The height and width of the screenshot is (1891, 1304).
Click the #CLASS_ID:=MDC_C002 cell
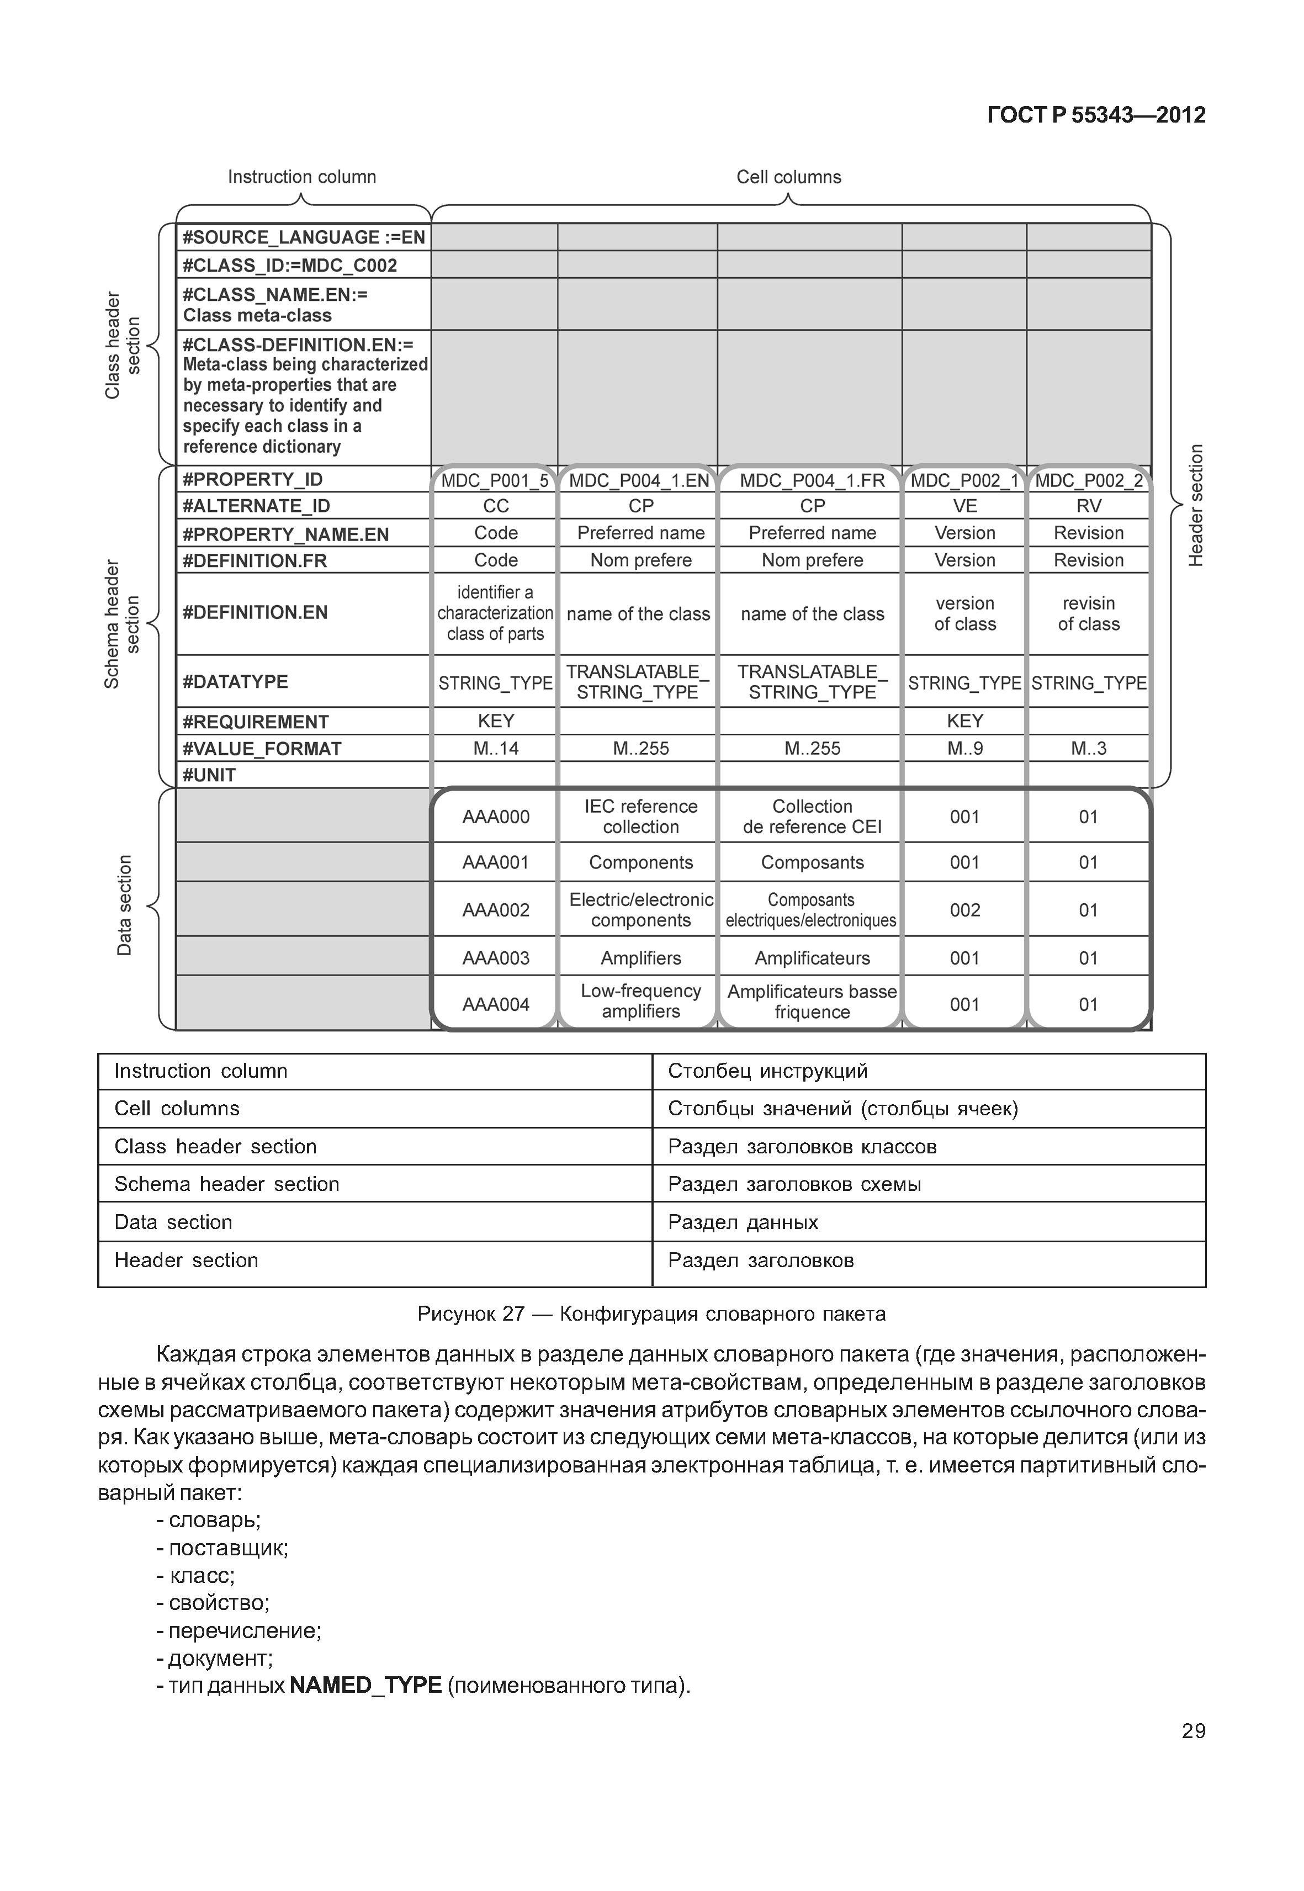(290, 266)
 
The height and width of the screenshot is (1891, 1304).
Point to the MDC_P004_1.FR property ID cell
(812, 480)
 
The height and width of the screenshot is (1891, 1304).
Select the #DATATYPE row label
(235, 681)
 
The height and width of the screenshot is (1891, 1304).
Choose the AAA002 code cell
(495, 909)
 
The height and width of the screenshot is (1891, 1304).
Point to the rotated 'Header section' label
(1195, 506)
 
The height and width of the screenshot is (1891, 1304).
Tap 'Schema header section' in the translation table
(226, 1184)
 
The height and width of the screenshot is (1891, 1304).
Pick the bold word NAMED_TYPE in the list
(365, 1686)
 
